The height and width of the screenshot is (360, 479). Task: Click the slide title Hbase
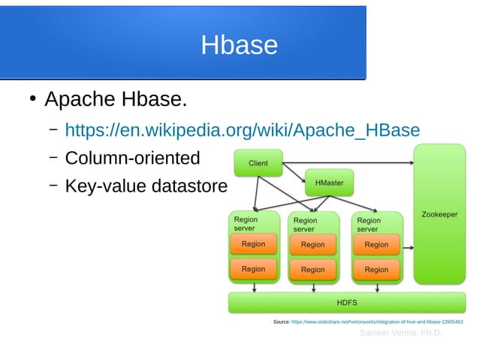(239, 46)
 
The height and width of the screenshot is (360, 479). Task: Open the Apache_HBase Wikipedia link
(242, 131)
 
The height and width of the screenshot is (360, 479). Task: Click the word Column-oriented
(132, 158)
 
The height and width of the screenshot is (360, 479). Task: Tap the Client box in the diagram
(258, 163)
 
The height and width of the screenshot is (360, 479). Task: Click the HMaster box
(329, 182)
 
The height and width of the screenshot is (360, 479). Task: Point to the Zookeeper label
(439, 214)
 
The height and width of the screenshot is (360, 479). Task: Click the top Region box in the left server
(253, 244)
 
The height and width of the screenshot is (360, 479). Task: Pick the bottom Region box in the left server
(253, 269)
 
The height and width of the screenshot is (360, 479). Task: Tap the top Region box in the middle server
(312, 244)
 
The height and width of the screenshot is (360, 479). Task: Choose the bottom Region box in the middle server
(312, 269)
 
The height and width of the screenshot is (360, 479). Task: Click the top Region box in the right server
(376, 244)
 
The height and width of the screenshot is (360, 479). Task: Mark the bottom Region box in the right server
(376, 269)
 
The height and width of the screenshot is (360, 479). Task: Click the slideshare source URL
(377, 322)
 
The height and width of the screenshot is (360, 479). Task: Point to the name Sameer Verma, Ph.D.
(401, 332)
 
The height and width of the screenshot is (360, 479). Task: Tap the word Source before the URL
(282, 322)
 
